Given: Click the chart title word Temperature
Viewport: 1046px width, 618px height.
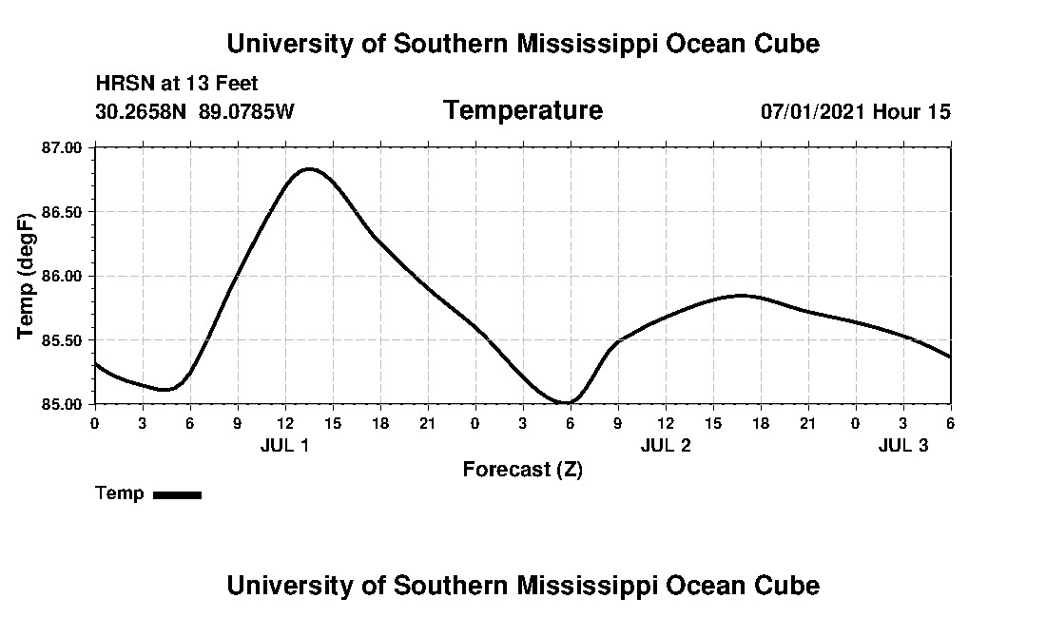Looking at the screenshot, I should pyautogui.click(x=522, y=111).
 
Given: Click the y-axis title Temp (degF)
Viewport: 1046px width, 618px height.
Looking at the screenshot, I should pyautogui.click(x=27, y=276).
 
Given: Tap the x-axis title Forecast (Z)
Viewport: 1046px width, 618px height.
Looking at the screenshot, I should pyautogui.click(x=522, y=470).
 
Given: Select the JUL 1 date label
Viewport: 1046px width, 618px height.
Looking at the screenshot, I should pyautogui.click(x=284, y=445).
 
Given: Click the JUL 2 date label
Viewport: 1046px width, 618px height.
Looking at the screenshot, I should pyautogui.click(x=665, y=445).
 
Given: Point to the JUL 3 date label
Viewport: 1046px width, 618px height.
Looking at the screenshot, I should pyautogui.click(x=902, y=445).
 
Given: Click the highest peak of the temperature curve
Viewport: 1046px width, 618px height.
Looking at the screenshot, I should pyautogui.click(x=309, y=169).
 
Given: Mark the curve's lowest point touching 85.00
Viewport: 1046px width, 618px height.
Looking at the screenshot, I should pyautogui.click(x=568, y=402).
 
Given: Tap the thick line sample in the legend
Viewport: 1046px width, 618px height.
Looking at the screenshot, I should pyautogui.click(x=177, y=494).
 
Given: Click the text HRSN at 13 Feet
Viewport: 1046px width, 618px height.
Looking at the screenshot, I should pyautogui.click(x=177, y=85).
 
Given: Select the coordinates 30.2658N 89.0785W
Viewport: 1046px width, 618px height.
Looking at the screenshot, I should pyautogui.click(x=195, y=112).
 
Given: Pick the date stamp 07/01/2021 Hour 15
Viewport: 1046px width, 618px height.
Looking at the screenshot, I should pyautogui.click(x=855, y=112).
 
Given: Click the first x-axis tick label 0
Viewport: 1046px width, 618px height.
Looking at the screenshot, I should pyautogui.click(x=94, y=422).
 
